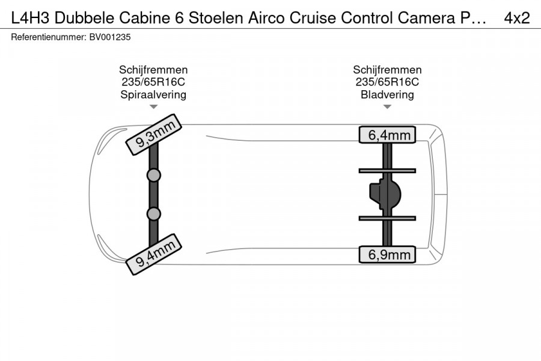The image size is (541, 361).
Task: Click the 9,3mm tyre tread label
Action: tap(153, 134)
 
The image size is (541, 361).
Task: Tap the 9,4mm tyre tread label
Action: tap(153, 255)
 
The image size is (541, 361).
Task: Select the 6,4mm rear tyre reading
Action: tap(387, 135)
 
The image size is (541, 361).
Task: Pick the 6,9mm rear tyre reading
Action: tap(387, 255)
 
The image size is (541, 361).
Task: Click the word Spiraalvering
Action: tap(153, 94)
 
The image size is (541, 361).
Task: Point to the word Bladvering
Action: tap(387, 94)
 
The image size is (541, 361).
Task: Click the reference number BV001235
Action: tap(110, 37)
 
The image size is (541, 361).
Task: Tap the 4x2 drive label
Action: tap(517, 17)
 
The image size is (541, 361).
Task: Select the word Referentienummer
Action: tap(48, 37)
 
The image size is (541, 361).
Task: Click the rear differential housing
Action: tap(385, 194)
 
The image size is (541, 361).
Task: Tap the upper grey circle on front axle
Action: tap(153, 176)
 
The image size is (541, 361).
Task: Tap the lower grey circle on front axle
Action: tap(153, 214)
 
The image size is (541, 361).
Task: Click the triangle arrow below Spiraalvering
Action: tap(153, 106)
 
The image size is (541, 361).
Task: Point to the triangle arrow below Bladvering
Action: tap(387, 106)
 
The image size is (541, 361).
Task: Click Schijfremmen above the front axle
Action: tap(153, 70)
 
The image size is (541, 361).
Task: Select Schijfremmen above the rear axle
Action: tap(387, 70)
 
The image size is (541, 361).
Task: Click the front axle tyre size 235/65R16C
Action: tap(153, 82)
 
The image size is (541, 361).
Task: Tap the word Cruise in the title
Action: tap(313, 17)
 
